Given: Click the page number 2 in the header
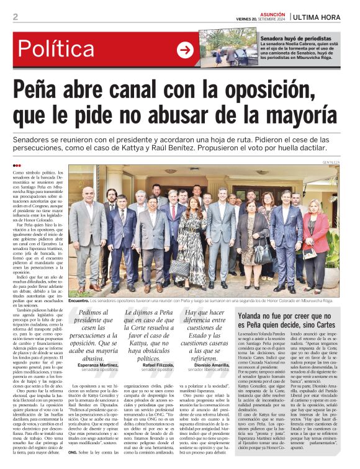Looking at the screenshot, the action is [16, 17].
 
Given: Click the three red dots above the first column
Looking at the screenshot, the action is [17, 166].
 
